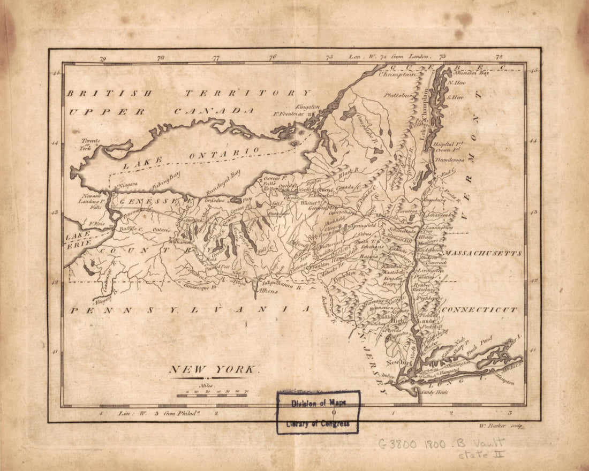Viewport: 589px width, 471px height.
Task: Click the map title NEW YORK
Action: [x=214, y=369]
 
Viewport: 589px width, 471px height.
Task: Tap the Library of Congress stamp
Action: [x=318, y=412]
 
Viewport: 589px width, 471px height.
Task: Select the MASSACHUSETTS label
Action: [x=484, y=253]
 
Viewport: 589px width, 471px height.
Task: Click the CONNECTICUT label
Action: [x=479, y=309]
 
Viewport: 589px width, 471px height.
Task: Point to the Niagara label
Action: [x=126, y=185]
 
